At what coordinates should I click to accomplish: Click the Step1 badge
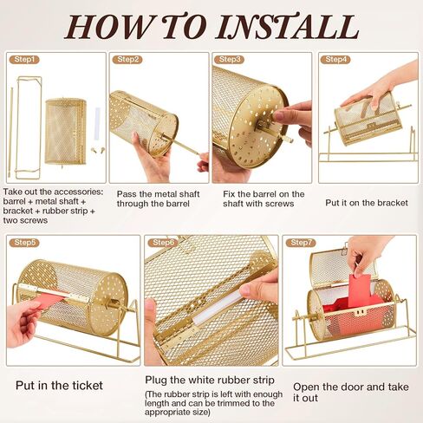[x=24, y=60]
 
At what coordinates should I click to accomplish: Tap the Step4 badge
[x=335, y=60]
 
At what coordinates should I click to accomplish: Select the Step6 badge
[x=163, y=243]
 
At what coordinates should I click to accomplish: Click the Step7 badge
[x=301, y=243]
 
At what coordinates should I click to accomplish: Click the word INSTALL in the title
[x=288, y=27]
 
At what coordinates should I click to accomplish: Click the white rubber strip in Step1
[x=97, y=123]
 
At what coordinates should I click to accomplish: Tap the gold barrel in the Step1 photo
[x=66, y=132]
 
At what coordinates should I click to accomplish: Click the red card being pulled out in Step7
[x=359, y=290]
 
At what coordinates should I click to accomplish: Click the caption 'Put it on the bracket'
[x=367, y=203]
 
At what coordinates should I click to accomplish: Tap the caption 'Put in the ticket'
[x=59, y=386]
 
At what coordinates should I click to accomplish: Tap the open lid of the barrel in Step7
[x=343, y=266]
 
